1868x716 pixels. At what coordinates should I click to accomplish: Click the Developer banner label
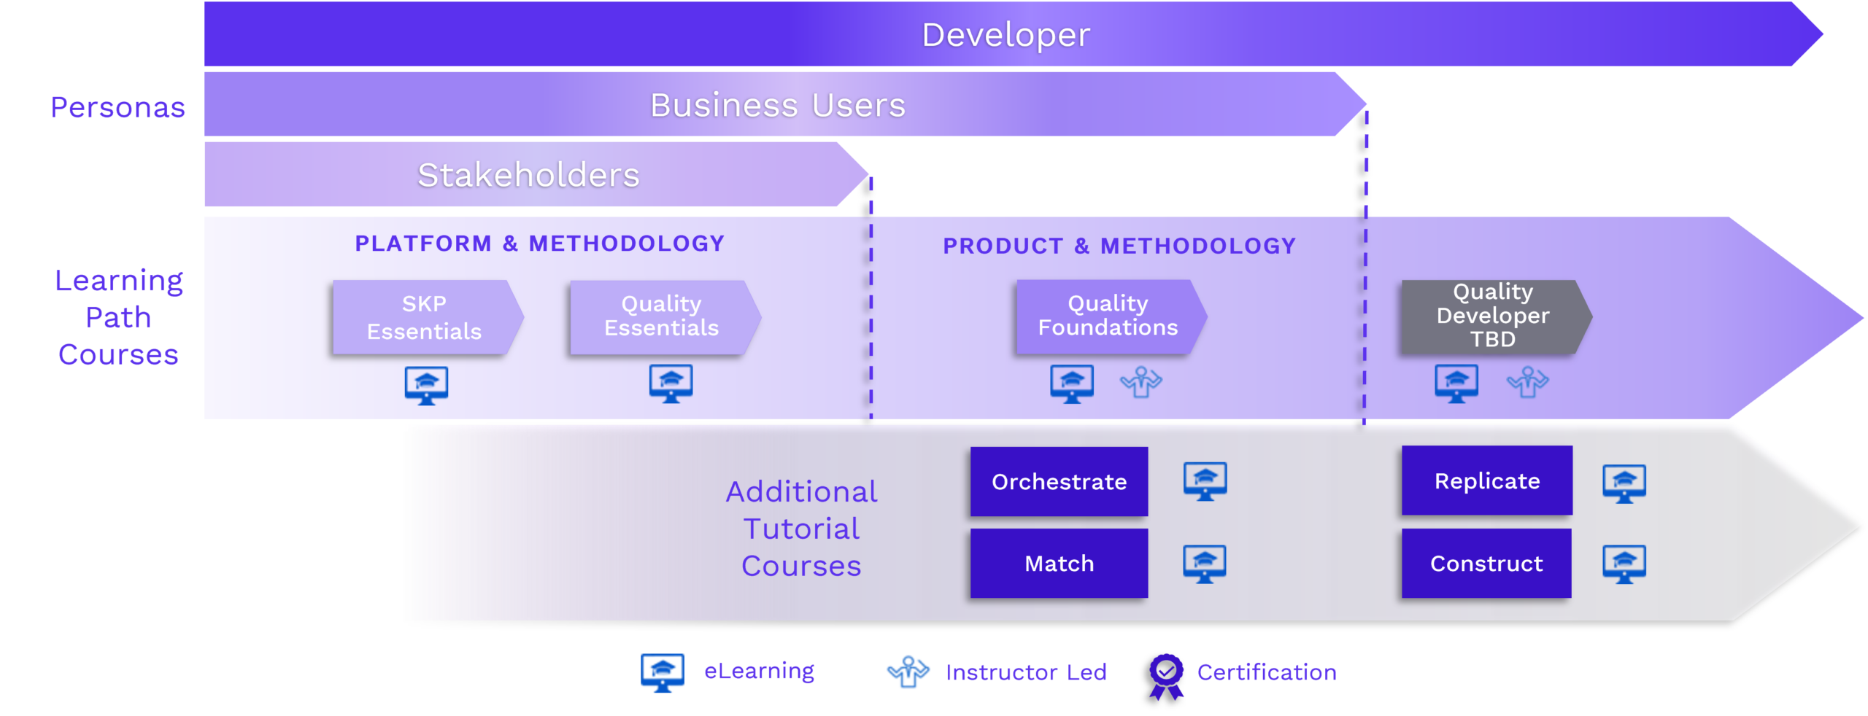[1006, 35]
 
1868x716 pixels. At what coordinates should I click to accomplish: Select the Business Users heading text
[778, 106]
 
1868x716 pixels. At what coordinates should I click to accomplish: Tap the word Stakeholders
[528, 175]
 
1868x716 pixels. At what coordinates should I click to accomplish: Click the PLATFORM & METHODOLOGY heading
[539, 244]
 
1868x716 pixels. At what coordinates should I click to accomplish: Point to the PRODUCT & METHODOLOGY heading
[1119, 246]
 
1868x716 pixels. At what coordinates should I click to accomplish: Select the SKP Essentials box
[425, 318]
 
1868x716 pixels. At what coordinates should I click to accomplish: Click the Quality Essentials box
[662, 316]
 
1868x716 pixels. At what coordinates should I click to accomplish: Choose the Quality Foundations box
[1108, 316]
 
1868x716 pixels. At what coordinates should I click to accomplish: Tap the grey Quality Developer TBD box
[1492, 316]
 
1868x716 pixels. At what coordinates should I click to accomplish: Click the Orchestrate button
[1059, 482]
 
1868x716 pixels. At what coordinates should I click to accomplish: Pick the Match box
[1059, 564]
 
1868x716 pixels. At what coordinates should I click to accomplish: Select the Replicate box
[1486, 481]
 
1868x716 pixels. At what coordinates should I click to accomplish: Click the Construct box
[1486, 564]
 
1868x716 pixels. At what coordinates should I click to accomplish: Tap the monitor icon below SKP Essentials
[426, 385]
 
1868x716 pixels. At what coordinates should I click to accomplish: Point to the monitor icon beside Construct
[1624, 564]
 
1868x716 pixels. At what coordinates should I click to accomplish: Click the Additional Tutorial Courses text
[801, 529]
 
